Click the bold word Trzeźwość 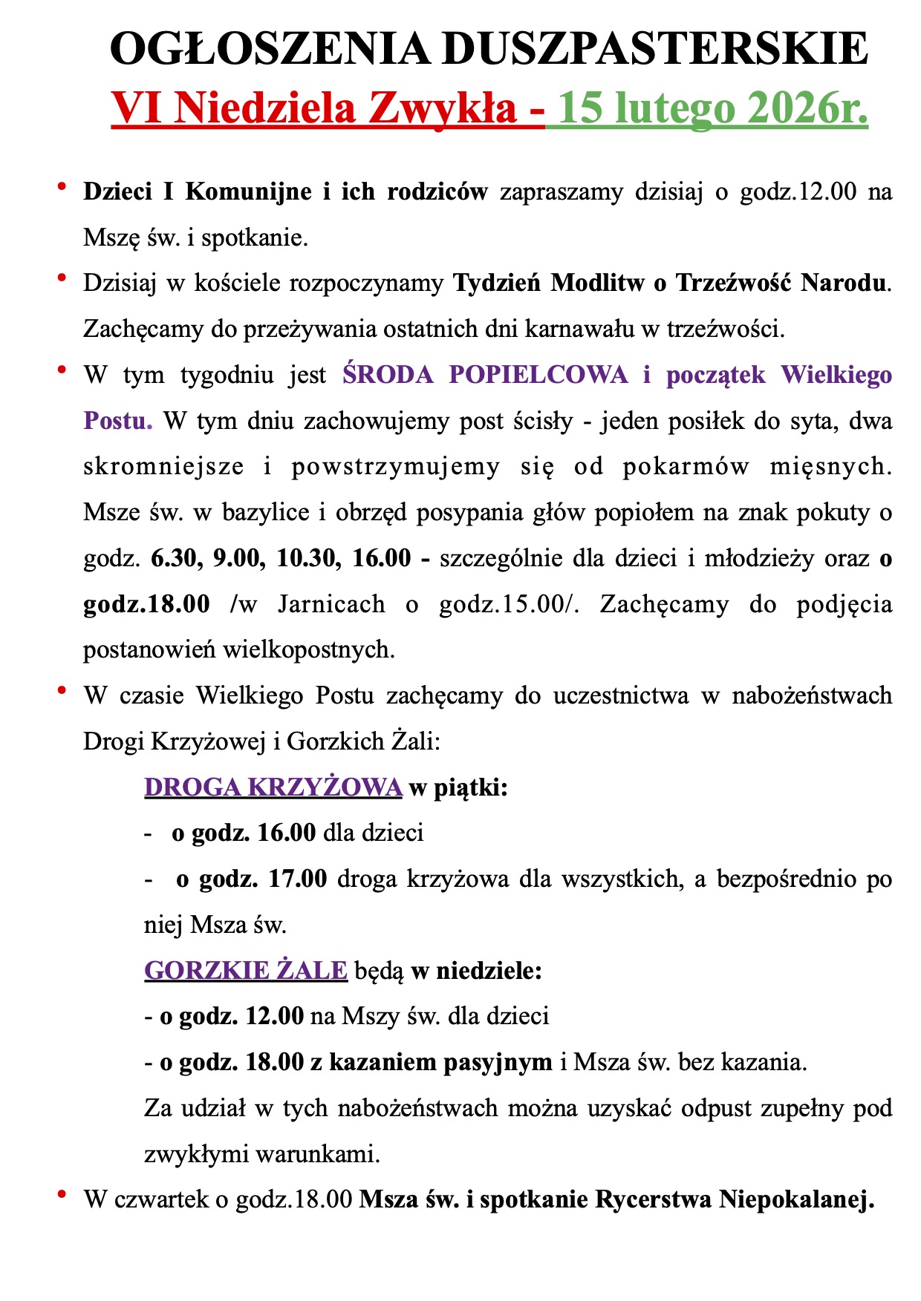[x=723, y=283]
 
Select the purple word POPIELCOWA [x=538, y=375]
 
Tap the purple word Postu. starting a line [x=117, y=421]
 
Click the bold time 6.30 [x=175, y=558]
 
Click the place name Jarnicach [x=331, y=604]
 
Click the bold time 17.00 [x=297, y=879]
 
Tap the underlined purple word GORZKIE [x=195, y=971]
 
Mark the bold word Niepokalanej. [x=795, y=1200]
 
